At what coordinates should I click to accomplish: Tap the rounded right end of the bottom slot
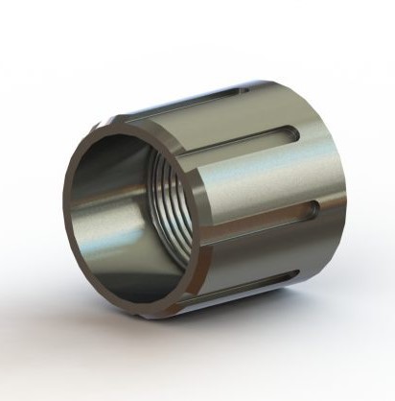pyautogui.click(x=297, y=276)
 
